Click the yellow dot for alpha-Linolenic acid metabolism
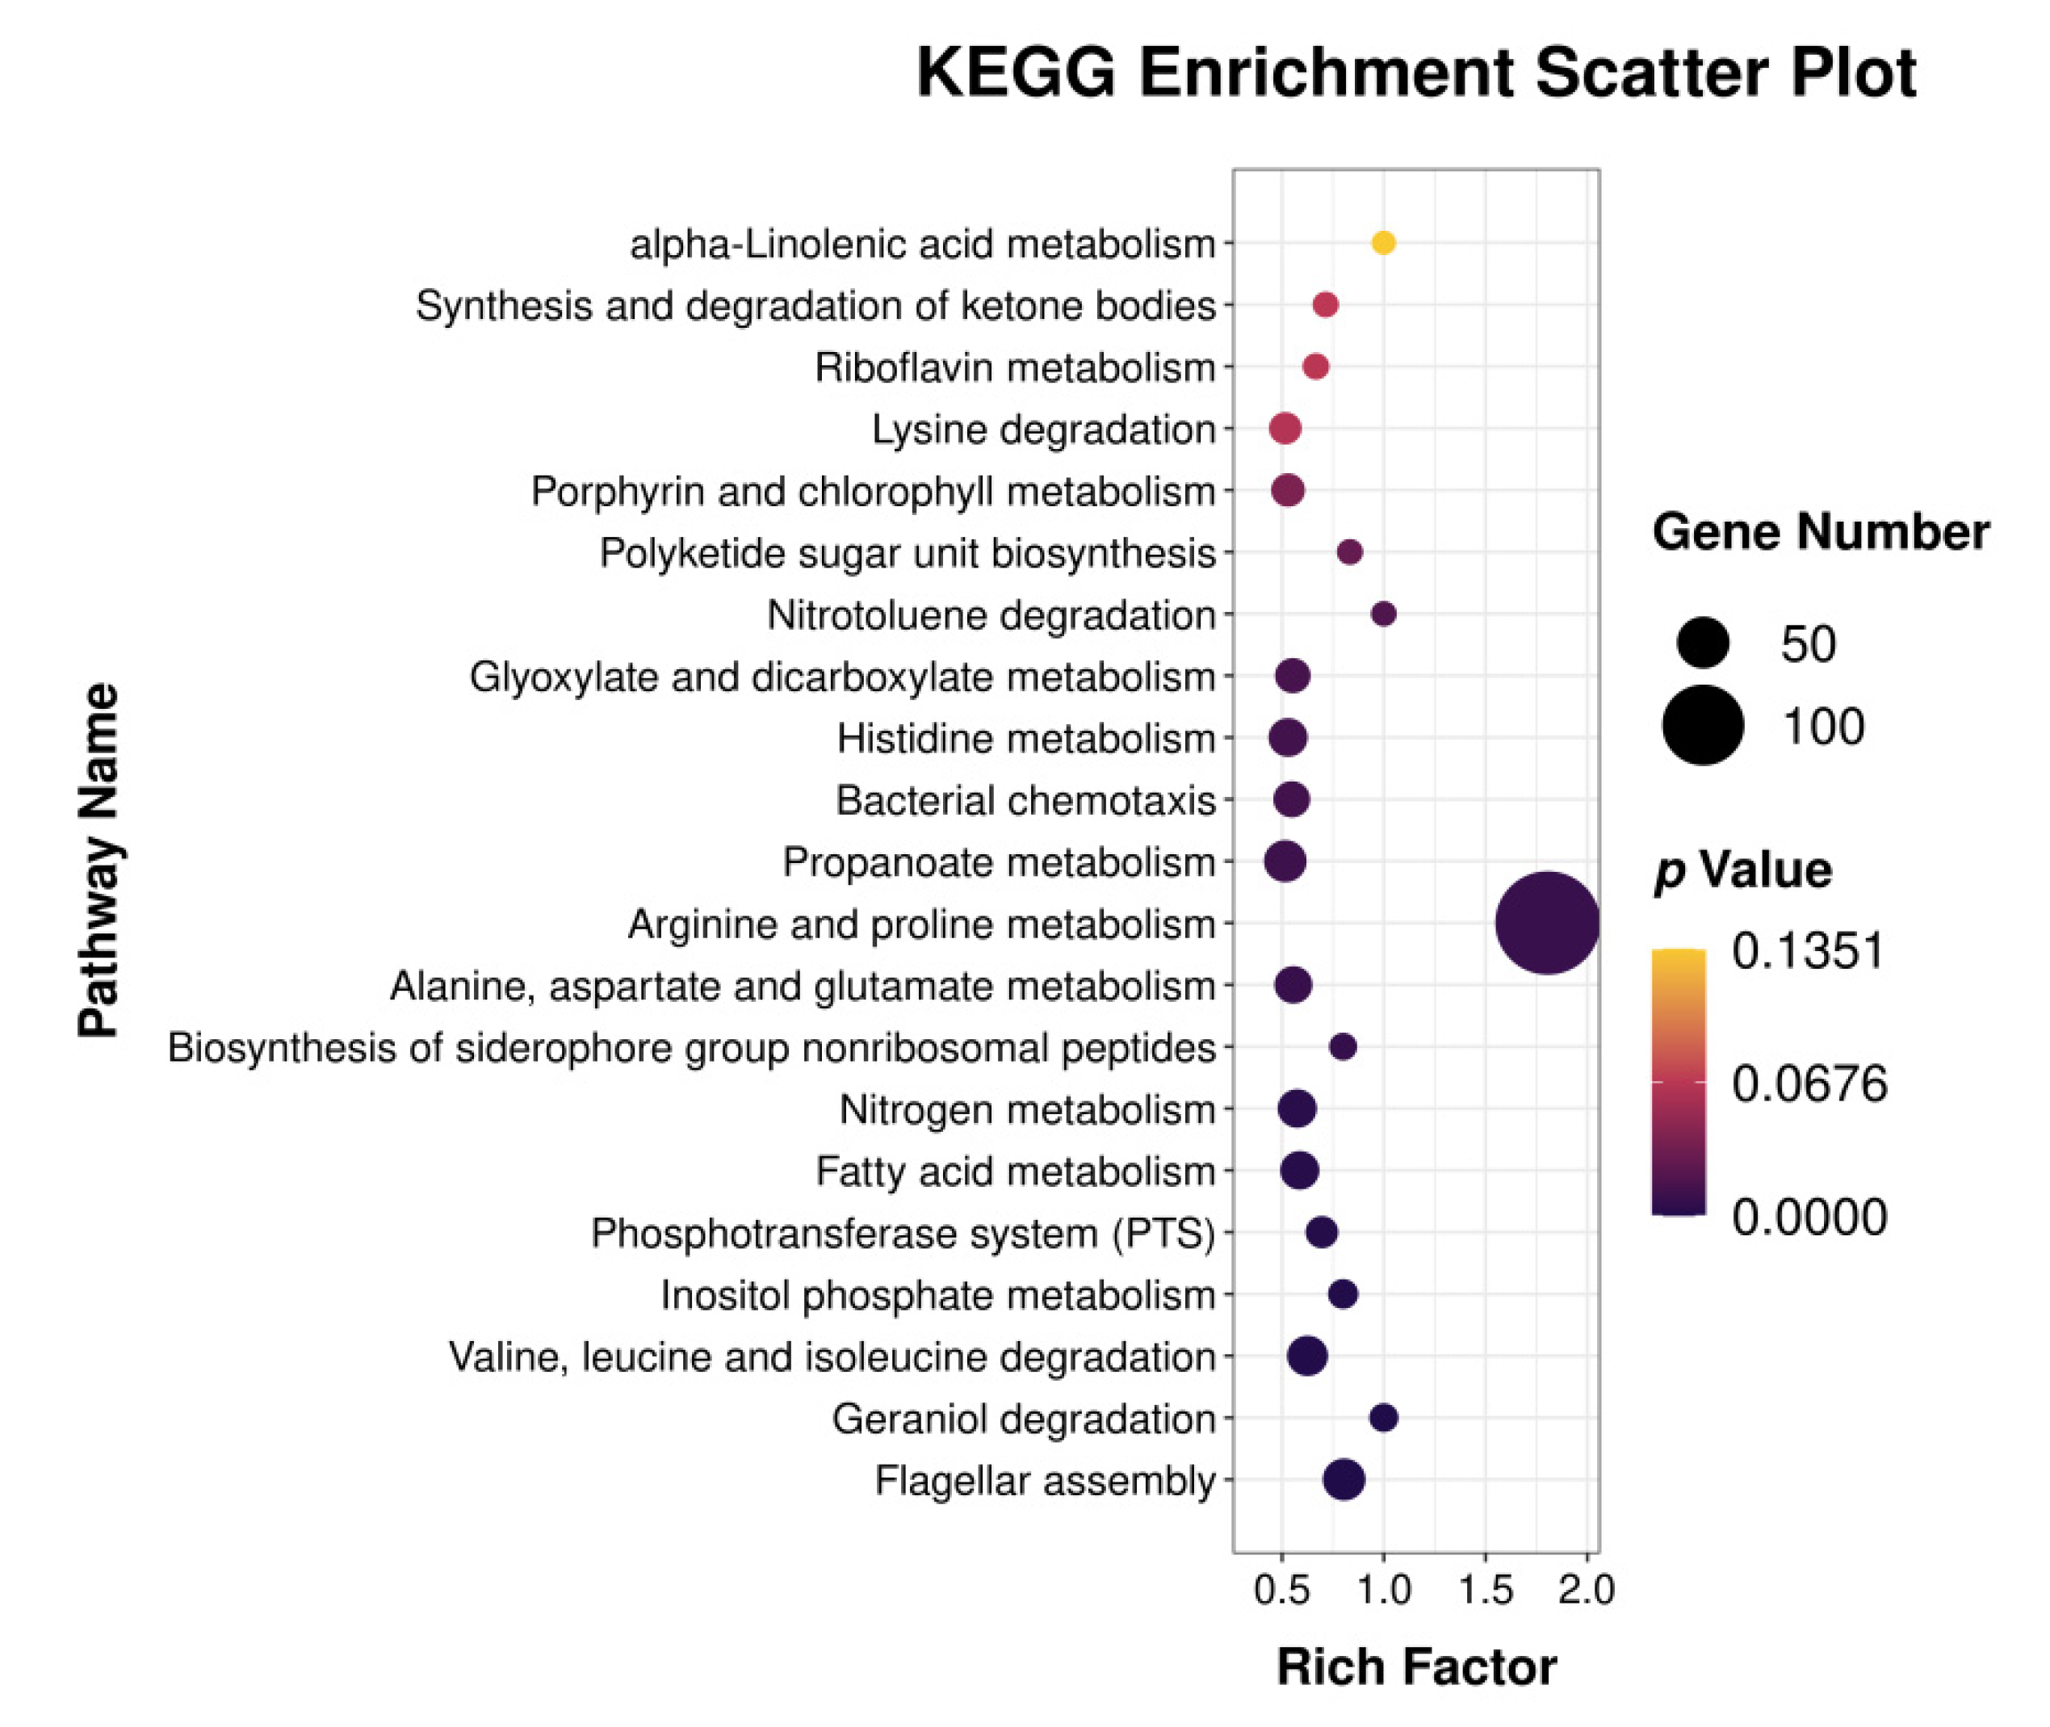pyautogui.click(x=1382, y=243)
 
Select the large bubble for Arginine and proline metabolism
pyautogui.click(x=1547, y=923)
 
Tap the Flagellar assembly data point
pyautogui.click(x=1344, y=1479)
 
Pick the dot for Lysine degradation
pyautogui.click(x=1285, y=429)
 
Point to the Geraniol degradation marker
pyautogui.click(x=1383, y=1418)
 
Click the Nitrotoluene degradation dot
pyautogui.click(x=1383, y=614)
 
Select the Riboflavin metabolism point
pyautogui.click(x=1316, y=367)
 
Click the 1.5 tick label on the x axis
pyautogui.click(x=1485, y=1590)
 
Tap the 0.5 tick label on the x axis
pyautogui.click(x=1281, y=1590)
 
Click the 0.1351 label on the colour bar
pyautogui.click(x=1807, y=950)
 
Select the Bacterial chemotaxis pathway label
pyautogui.click(x=1025, y=801)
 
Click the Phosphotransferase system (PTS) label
pyautogui.click(x=903, y=1234)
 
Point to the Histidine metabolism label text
pyautogui.click(x=1025, y=738)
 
